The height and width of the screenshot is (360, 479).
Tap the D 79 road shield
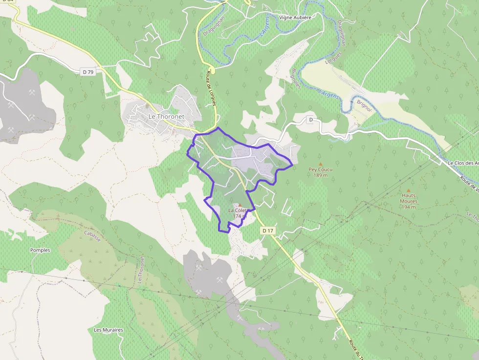(88, 72)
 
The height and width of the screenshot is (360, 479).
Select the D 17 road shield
(267, 230)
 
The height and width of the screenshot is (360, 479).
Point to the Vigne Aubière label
(295, 17)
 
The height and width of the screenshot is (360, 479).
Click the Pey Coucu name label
(320, 170)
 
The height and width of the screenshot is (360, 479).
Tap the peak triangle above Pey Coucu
(321, 164)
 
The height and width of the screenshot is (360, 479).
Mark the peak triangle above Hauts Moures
(409, 191)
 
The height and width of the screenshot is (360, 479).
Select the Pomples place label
(40, 250)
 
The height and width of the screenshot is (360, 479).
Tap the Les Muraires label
(109, 330)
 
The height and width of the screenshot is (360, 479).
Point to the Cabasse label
(92, 236)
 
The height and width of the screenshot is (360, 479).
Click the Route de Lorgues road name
(211, 93)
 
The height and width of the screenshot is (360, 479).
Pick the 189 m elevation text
(321, 175)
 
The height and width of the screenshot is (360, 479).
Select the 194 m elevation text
(409, 207)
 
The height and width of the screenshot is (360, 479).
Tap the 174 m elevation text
(239, 216)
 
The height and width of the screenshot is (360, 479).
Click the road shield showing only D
(310, 120)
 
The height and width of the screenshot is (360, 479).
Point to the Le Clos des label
(462, 163)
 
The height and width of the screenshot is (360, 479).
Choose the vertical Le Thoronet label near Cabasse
(141, 270)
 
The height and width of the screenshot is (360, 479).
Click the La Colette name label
(238, 211)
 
